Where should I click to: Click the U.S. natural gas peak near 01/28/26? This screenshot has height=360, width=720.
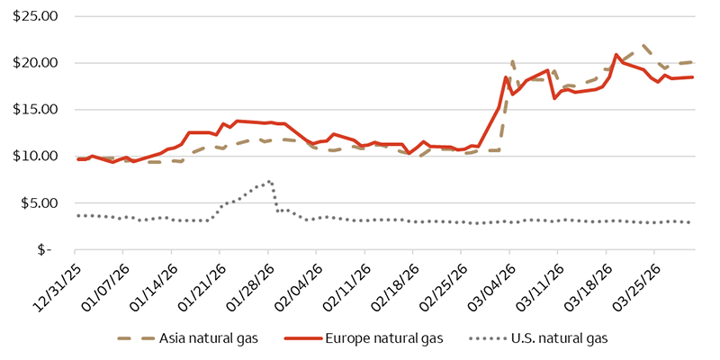point(269,181)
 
